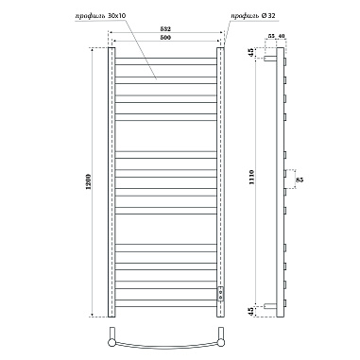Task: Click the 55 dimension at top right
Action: coord(271,35)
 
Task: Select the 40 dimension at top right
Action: coord(282,35)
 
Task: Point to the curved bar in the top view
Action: coord(166,342)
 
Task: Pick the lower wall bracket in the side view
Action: coord(272,305)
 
